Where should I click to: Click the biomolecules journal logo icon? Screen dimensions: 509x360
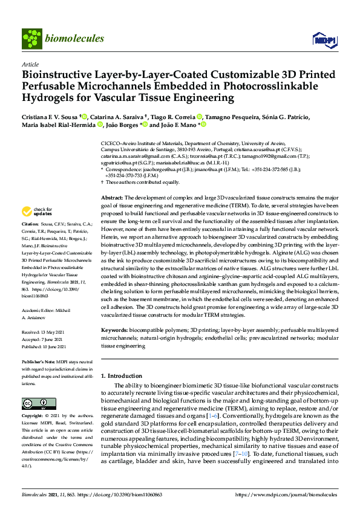pos(31,38)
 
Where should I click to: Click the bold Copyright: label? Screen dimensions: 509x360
pos(35,417)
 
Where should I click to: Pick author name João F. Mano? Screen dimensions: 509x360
pos(178,125)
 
